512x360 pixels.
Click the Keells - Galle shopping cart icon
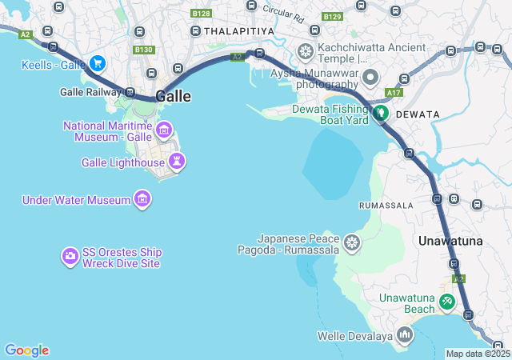coord(98,63)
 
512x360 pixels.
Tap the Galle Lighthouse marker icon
coord(177,162)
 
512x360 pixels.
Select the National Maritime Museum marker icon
coord(165,130)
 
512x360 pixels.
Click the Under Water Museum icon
coord(142,199)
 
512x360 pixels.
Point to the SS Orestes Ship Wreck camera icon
coord(70,257)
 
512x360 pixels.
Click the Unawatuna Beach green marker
coord(447,302)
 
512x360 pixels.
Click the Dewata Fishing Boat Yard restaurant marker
coord(380,114)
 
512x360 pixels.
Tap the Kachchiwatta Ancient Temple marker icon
coord(305,53)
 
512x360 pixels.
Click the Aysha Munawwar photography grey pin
coord(370,78)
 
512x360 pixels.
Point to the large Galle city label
coord(174,96)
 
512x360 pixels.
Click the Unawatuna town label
coord(450,241)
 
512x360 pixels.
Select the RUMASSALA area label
coord(386,206)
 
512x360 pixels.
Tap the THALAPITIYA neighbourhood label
coord(239,30)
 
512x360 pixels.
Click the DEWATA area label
coord(417,114)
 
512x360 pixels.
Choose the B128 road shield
coord(202,14)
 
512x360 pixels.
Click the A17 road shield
coord(394,93)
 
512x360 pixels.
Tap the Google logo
coord(27,350)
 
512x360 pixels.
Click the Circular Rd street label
coord(283,12)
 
